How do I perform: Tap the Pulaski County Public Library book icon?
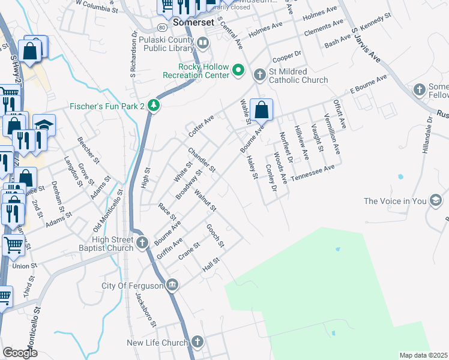[x=203, y=43]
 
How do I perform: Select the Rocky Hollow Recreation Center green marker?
[x=238, y=71]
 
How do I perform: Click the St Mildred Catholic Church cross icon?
[x=259, y=74]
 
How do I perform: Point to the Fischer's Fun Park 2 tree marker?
[x=154, y=106]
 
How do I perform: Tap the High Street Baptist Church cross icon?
[x=142, y=242]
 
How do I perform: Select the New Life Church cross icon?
[x=197, y=342]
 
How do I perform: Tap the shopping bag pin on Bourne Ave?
[x=262, y=110]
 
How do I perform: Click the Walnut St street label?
[x=205, y=200]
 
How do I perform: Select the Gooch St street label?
[x=215, y=236]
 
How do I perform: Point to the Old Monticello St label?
[x=109, y=212]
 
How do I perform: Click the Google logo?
[x=20, y=353]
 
